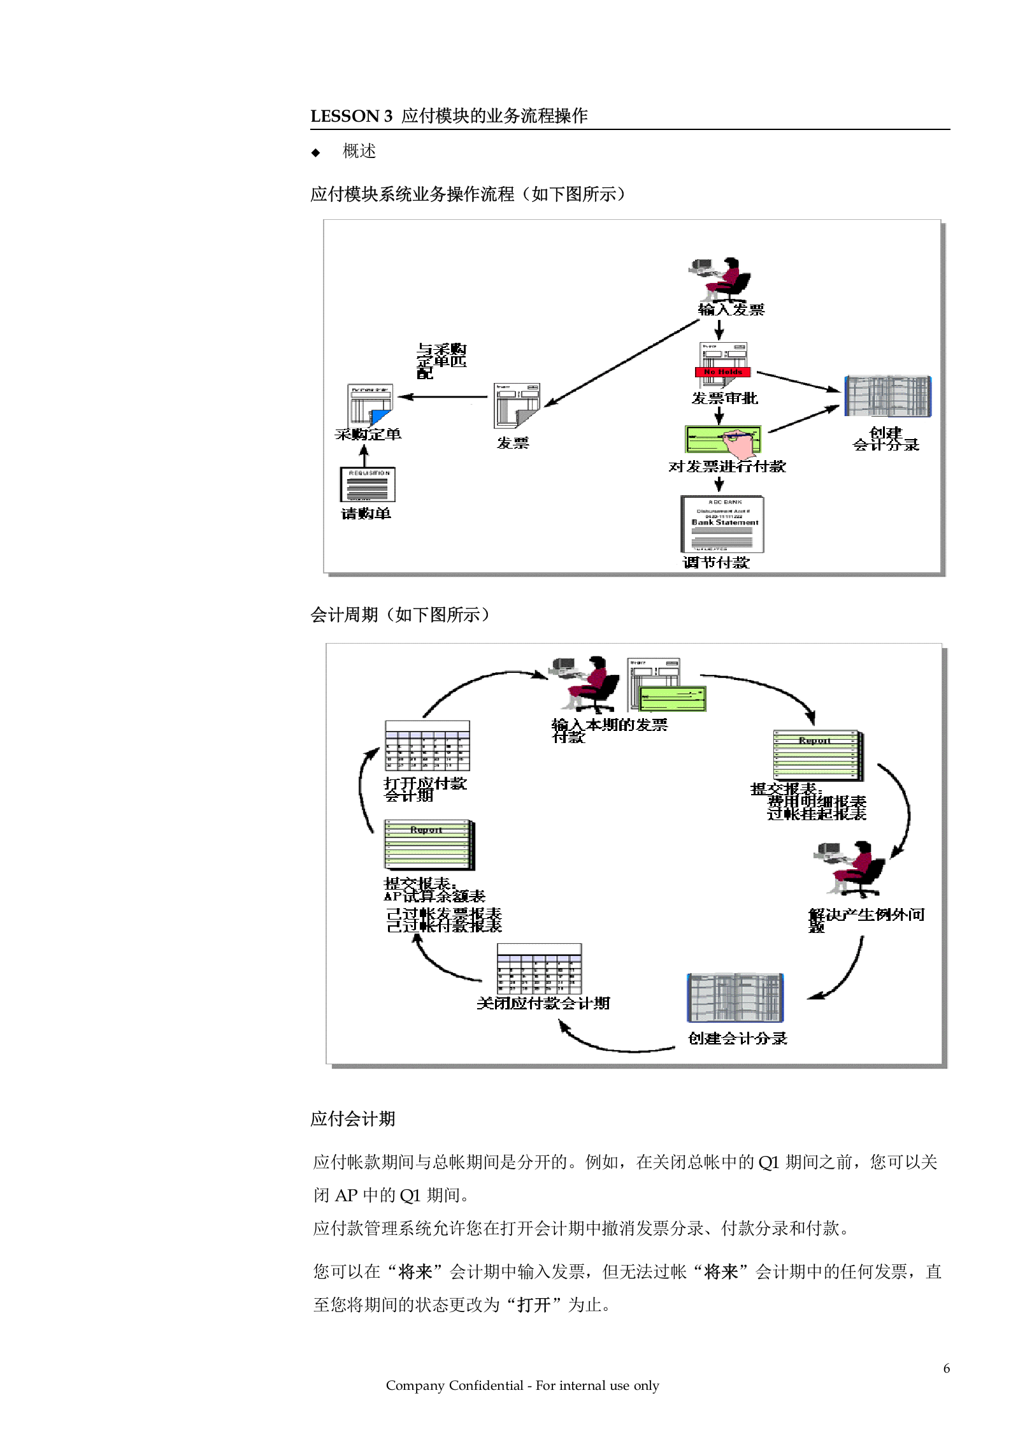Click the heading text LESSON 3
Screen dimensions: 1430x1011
click(x=351, y=116)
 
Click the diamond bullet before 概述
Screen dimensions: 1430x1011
click(x=315, y=152)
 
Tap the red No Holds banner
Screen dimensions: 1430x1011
click(x=722, y=372)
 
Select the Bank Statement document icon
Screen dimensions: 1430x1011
click(x=722, y=524)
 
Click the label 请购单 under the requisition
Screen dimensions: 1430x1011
click(x=366, y=514)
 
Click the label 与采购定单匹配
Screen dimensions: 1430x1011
click(x=441, y=361)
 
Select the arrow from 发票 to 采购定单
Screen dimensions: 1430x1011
click(x=443, y=397)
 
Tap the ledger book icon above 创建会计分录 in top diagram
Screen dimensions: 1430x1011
click(x=887, y=396)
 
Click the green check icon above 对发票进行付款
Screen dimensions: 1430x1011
click(x=722, y=440)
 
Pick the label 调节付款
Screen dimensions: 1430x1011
click(x=716, y=563)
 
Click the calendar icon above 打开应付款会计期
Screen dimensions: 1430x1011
click(x=427, y=746)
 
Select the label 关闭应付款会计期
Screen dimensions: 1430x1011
click(x=543, y=1004)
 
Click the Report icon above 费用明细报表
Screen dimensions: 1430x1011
click(x=818, y=755)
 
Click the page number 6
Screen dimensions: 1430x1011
click(x=946, y=1368)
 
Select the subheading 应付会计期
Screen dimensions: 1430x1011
click(x=352, y=1119)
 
